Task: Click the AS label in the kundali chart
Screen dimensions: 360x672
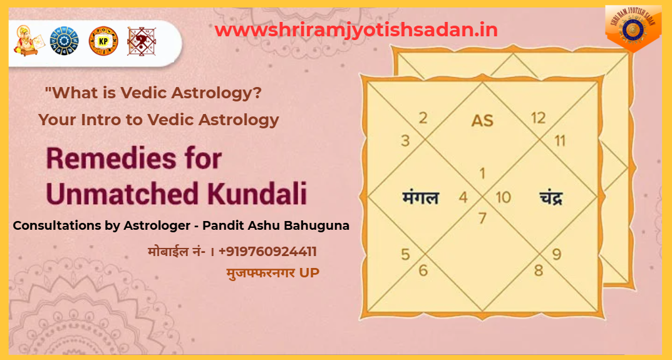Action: [x=482, y=120]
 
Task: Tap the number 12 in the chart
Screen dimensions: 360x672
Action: [x=537, y=117]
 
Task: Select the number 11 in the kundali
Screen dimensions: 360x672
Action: [x=559, y=140]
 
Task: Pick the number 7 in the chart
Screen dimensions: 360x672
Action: [x=482, y=219]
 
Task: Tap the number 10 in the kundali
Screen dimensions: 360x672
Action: [x=503, y=198]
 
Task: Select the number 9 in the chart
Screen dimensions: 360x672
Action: [x=556, y=255]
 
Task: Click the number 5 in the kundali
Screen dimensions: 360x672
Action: [x=405, y=255]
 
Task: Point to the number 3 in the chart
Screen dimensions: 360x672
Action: [x=405, y=140]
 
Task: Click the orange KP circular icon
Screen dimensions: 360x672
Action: [x=103, y=41]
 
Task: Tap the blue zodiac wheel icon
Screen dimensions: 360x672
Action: [x=64, y=41]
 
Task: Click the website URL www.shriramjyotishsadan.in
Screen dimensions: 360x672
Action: [x=356, y=29]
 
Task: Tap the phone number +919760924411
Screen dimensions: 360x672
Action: [x=267, y=252]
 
